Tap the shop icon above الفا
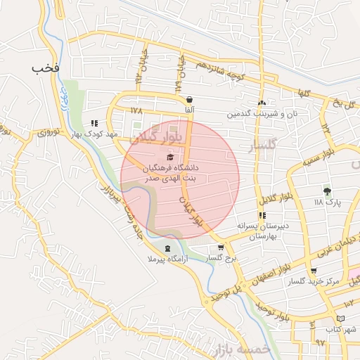pyautogui.click(x=191, y=100)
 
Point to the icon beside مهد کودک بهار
pyautogui.click(x=94, y=124)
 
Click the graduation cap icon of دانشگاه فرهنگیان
pyautogui.click(x=170, y=157)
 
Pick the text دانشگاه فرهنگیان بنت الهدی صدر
pyautogui.click(x=172, y=174)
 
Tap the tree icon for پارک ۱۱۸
pyautogui.click(x=327, y=191)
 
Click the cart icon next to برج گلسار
pyautogui.click(x=221, y=247)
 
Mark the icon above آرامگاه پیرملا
pyautogui.click(x=167, y=249)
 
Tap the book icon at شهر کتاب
pyautogui.click(x=341, y=319)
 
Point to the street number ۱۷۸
pyautogui.click(x=136, y=110)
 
